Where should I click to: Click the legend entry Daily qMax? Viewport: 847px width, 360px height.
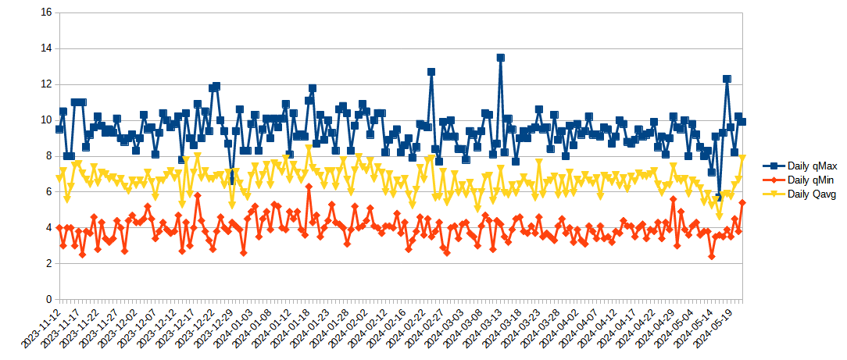pos(813,166)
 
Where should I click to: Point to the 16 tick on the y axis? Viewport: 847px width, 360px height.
pos(45,12)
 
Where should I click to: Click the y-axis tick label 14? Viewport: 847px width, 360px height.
pos(45,48)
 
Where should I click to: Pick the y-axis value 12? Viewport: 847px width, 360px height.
pos(45,84)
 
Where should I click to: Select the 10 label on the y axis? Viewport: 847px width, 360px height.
pos(45,120)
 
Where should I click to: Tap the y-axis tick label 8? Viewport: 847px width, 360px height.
pos(48,156)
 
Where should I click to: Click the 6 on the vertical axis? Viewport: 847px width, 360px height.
pos(48,192)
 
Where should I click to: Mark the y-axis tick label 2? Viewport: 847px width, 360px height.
pos(48,264)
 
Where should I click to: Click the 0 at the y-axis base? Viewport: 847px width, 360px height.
pos(48,300)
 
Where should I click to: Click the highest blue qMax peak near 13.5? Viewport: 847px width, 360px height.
pos(500,58)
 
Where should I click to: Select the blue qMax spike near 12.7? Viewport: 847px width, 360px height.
pos(431,72)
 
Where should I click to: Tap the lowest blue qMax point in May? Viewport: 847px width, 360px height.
pos(719,197)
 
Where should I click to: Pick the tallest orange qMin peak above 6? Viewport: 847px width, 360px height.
pos(309,187)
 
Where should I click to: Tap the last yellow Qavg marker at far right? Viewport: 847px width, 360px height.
pos(742,158)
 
